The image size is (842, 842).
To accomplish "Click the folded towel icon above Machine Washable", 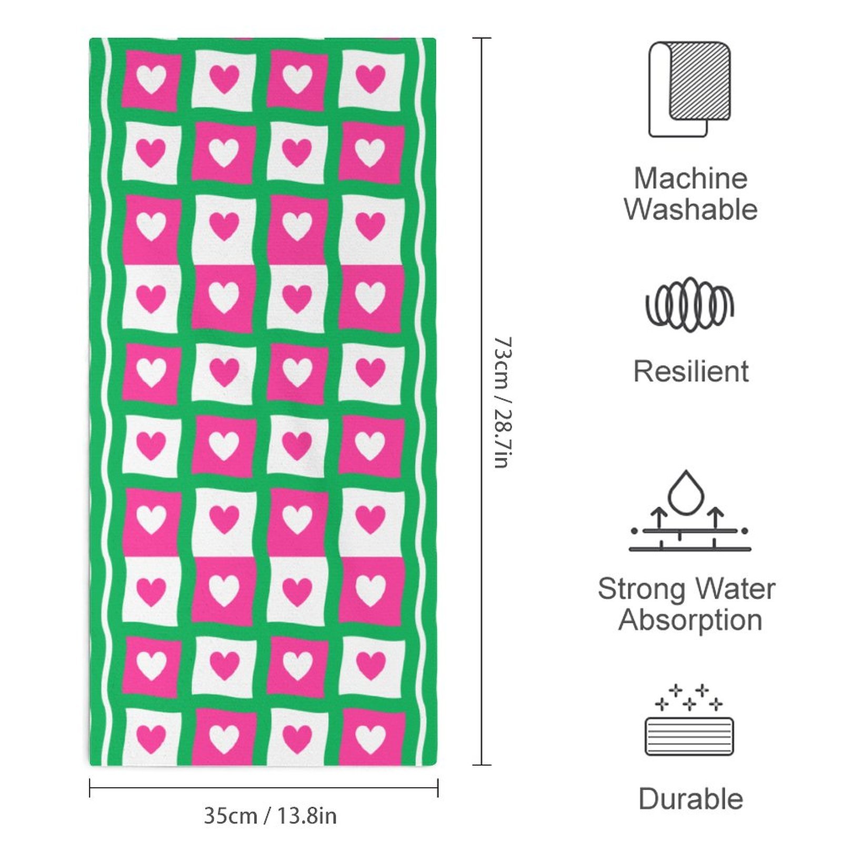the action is tap(689, 89).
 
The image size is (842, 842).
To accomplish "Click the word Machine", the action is tap(690, 178).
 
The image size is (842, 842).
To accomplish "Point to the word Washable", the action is tap(690, 209).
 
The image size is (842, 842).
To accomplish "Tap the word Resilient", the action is tap(690, 372).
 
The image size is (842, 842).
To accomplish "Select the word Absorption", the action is tap(690, 620).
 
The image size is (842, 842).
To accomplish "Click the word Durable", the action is tap(690, 799).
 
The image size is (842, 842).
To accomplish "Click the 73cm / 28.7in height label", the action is tap(502, 403).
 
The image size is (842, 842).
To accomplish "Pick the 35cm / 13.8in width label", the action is tap(270, 816).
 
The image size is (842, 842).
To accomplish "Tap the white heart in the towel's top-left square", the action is tap(152, 79).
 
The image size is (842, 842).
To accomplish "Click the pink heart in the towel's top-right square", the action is tap(370, 78).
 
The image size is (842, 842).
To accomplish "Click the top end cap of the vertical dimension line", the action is tap(482, 38).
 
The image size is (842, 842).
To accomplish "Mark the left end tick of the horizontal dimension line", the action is tap(90, 788).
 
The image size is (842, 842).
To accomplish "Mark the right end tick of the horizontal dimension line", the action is tap(438, 788).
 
